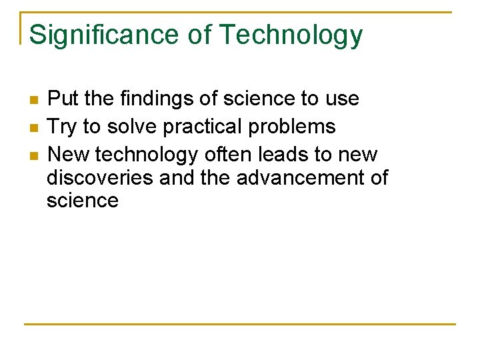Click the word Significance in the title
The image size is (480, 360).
[x=104, y=35]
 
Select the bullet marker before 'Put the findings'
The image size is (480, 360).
[x=33, y=100]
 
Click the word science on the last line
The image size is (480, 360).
[x=83, y=201]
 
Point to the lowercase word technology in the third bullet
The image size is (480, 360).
[x=147, y=155]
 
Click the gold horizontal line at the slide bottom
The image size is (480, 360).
[x=240, y=325]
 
